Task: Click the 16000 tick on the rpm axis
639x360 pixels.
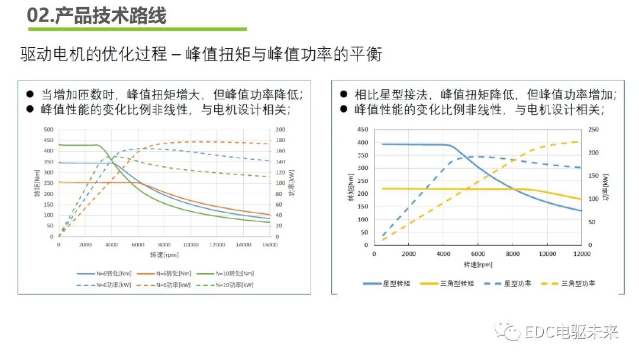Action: point(270,244)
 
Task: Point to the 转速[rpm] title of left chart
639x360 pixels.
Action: point(164,255)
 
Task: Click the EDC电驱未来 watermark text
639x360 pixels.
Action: point(572,332)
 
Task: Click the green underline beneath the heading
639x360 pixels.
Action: point(137,28)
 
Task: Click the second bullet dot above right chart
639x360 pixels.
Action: point(344,109)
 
